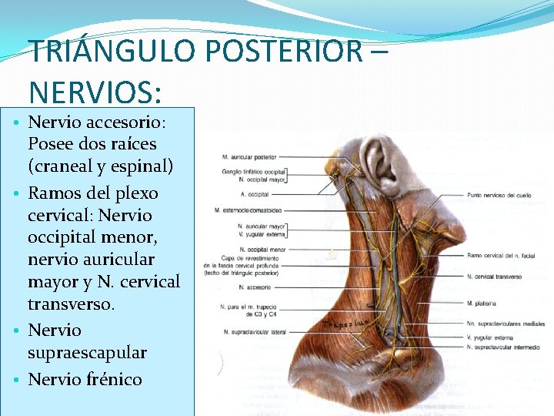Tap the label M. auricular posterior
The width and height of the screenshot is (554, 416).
250,158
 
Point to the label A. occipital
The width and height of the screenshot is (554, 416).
253,194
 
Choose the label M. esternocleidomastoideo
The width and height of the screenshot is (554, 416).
249,210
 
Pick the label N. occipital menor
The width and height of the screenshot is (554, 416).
262,250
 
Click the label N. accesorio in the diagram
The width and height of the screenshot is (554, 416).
254,287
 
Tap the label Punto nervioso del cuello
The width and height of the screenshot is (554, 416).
499,196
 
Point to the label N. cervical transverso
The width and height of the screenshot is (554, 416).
494,276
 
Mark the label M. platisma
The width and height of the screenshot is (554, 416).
481,304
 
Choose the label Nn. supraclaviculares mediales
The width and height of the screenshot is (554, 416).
506,324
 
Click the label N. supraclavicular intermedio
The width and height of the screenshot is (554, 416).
504,347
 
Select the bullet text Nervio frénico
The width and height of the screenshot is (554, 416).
85,379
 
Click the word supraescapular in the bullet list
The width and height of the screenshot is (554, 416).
87,352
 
